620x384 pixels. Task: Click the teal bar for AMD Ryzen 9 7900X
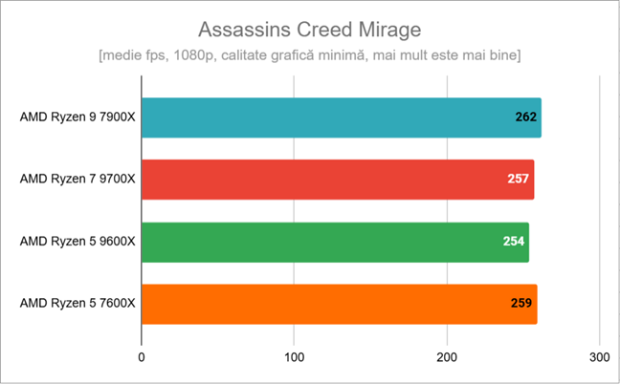(x=341, y=117)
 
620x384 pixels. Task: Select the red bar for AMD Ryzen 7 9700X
(x=337, y=180)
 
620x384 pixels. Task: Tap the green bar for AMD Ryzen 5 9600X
(x=335, y=242)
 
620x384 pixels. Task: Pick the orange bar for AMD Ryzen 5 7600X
(x=339, y=304)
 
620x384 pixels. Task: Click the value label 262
(x=525, y=117)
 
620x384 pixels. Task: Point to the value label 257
(x=518, y=180)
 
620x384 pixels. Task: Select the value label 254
(x=514, y=242)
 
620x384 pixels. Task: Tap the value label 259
(x=521, y=304)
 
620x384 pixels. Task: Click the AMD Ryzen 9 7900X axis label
(x=77, y=117)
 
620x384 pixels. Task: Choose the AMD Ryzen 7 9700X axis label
(x=77, y=180)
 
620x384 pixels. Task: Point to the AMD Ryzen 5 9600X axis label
(x=77, y=242)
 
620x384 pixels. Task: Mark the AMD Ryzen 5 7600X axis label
(x=77, y=304)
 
